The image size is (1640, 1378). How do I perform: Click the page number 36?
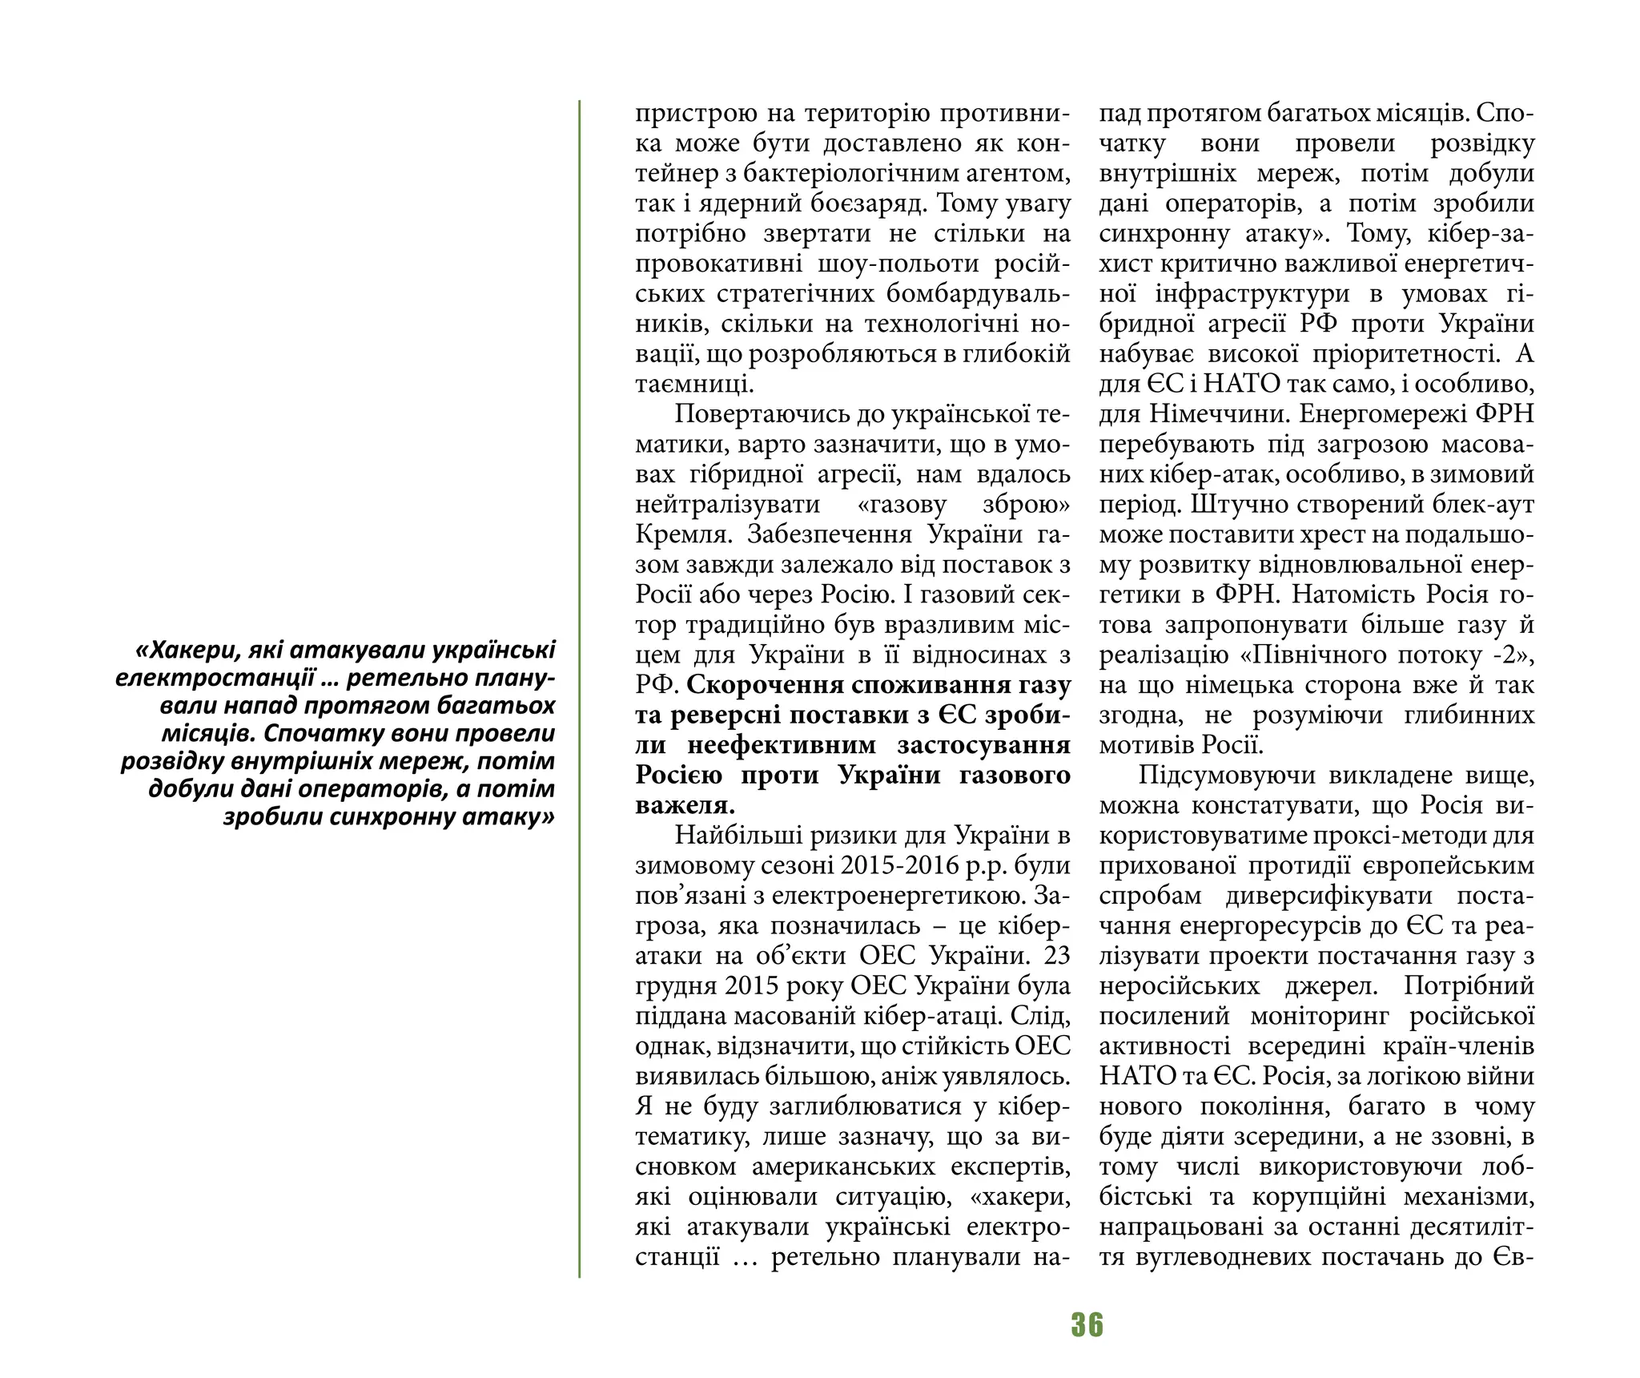(1087, 1324)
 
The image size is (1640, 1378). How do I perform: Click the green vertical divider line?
(579, 689)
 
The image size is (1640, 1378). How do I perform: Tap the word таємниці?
(693, 384)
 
